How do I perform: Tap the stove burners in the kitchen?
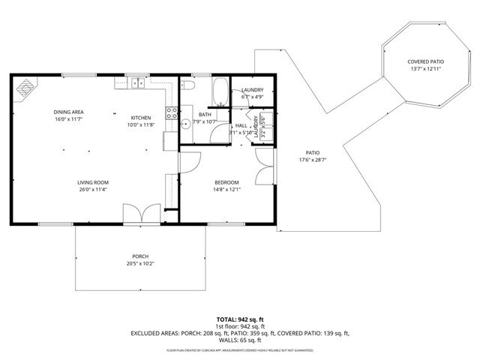(x=171, y=115)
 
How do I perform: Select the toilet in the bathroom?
(x=189, y=88)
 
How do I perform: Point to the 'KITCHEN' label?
(x=142, y=118)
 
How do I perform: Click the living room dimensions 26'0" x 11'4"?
(x=93, y=190)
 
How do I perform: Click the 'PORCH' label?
(x=141, y=256)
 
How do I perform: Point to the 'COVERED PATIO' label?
(x=425, y=61)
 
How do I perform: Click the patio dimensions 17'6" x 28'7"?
(x=313, y=159)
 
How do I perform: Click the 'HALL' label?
(x=241, y=126)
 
